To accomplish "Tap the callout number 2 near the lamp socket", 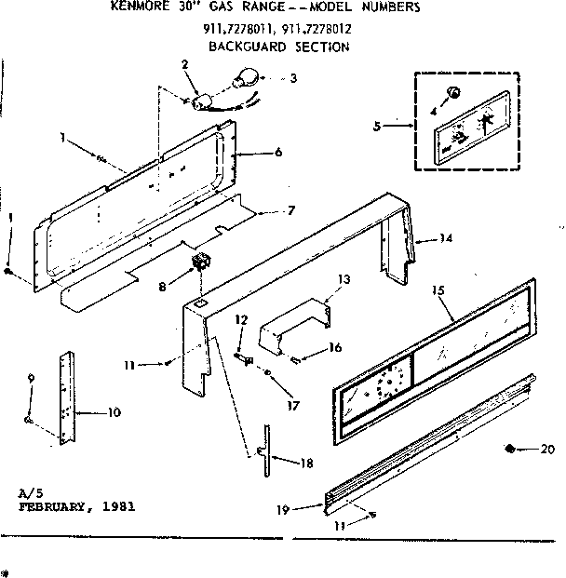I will point(184,64).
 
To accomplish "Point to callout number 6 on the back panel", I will point(251,152).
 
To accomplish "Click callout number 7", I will point(265,211).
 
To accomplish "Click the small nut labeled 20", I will point(511,450).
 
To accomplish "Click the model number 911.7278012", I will point(316,29).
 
